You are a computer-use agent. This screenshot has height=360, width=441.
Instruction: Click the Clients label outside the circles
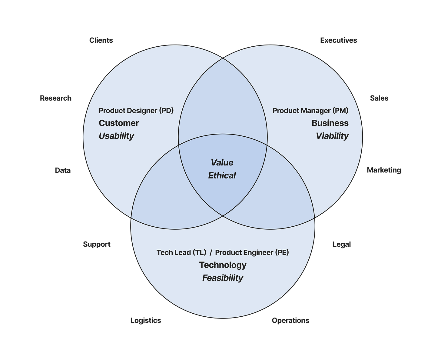(101, 40)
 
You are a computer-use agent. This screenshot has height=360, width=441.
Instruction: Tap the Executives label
(339, 40)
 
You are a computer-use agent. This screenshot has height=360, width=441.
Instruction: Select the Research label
(56, 98)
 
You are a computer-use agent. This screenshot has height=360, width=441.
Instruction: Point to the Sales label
(379, 98)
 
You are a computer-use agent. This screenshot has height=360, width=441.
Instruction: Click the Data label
(63, 170)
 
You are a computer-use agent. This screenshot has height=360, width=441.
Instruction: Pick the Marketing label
(384, 170)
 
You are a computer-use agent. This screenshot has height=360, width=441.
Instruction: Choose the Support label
(97, 244)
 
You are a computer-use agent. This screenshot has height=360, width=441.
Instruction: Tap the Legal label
(342, 244)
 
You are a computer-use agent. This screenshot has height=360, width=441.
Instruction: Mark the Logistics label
(146, 320)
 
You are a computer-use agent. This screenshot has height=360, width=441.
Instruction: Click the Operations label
(290, 320)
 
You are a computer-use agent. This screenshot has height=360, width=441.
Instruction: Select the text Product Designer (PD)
(136, 111)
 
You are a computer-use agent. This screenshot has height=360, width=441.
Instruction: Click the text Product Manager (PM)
(310, 111)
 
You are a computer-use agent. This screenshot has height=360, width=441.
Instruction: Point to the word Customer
(119, 123)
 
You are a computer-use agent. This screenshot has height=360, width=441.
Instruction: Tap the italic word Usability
(116, 136)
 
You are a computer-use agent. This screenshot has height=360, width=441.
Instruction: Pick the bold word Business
(330, 123)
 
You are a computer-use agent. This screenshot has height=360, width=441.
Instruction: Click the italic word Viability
(332, 136)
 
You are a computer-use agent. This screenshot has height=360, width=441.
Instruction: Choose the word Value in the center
(222, 163)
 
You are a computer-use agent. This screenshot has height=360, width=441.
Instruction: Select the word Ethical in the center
(222, 175)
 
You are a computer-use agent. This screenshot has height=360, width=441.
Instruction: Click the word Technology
(223, 265)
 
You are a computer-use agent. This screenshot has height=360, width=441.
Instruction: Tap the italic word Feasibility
(223, 278)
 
